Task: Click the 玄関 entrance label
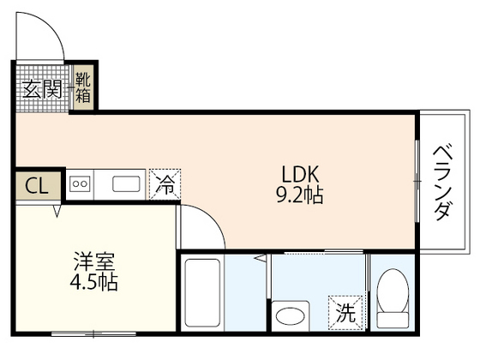(42, 89)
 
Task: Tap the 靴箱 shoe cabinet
(83, 87)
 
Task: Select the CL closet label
(37, 186)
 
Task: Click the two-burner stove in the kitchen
(80, 184)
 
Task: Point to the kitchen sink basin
(126, 184)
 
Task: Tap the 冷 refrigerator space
(165, 184)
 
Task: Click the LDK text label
(300, 174)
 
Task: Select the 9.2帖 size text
(300, 195)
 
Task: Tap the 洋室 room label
(94, 261)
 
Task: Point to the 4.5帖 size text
(94, 282)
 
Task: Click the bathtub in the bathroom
(202, 292)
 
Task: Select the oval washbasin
(290, 316)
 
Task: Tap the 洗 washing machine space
(345, 313)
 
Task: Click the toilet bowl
(393, 291)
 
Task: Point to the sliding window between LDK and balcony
(417, 181)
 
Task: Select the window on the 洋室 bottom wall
(93, 333)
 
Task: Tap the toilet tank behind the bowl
(393, 321)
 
